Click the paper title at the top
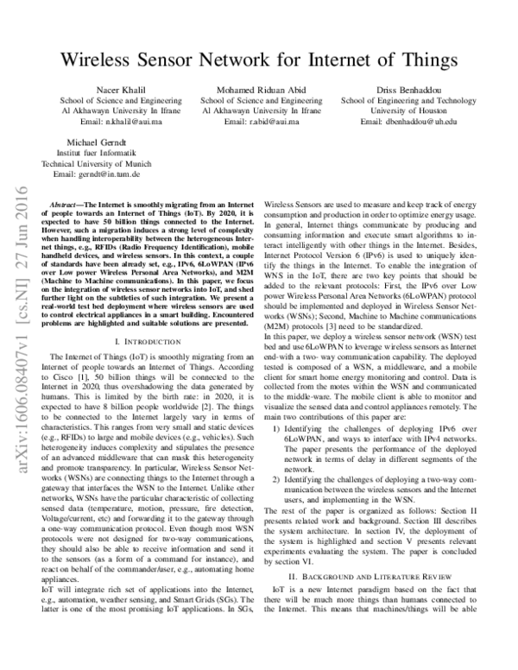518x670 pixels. click(259, 60)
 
